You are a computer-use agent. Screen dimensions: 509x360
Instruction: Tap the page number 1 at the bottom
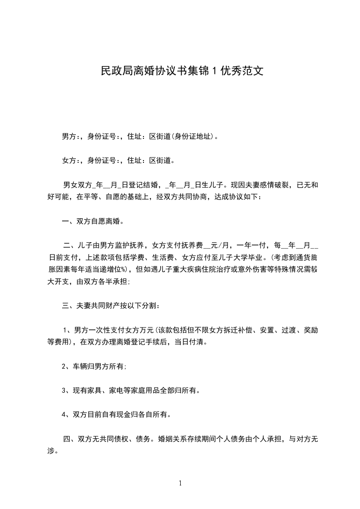coord(180,483)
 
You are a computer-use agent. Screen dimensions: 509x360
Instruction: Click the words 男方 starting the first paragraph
coord(69,136)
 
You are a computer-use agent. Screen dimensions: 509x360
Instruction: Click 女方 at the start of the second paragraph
coord(69,160)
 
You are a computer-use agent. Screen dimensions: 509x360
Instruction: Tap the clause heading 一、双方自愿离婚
coord(93,222)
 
